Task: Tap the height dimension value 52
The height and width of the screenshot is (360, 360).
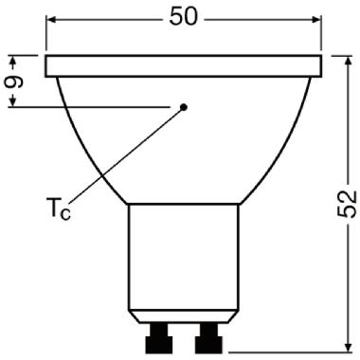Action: pyautogui.click(x=348, y=200)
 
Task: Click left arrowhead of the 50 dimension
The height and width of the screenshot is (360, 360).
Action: pyautogui.click(x=52, y=18)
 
